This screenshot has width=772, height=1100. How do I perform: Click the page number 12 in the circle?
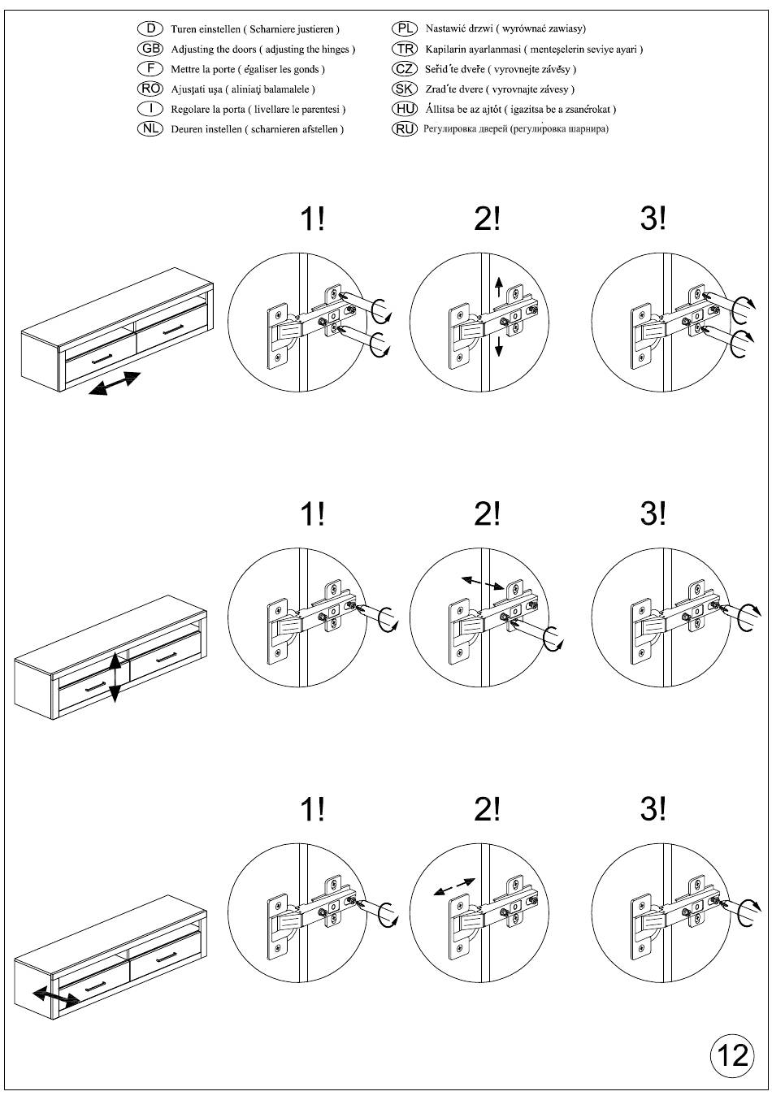(x=732, y=1055)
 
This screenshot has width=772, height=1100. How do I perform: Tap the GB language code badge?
(x=150, y=49)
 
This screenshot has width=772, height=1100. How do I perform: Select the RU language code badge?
(x=404, y=129)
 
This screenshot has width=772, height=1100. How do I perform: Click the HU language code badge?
(x=404, y=109)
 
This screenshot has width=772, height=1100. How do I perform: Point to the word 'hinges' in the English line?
(x=335, y=49)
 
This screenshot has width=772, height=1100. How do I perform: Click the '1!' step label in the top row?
(x=312, y=219)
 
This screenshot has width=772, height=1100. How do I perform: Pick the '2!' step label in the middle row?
(x=487, y=513)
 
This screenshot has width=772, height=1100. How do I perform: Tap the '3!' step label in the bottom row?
(x=653, y=809)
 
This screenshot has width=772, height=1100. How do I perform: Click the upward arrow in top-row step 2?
(x=498, y=287)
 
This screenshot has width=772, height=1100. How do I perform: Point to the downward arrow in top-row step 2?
(x=498, y=347)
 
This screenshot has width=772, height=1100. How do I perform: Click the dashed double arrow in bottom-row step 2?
(x=453, y=887)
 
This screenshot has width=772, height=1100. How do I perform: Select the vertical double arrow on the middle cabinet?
(x=115, y=678)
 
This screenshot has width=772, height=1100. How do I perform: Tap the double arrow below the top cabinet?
(x=115, y=383)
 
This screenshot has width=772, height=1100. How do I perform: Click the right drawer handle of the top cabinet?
(x=174, y=330)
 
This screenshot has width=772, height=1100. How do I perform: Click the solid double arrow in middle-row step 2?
(x=483, y=582)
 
